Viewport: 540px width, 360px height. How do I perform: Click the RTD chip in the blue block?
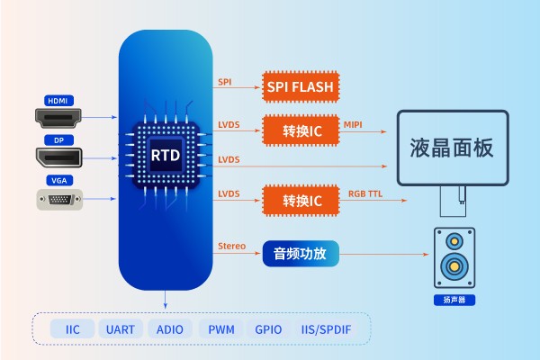coord(165,155)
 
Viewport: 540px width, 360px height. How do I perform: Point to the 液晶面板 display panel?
coord(452,148)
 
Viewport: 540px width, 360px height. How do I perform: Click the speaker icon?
coord(454,256)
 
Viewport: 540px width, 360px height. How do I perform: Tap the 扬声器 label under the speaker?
coord(454,300)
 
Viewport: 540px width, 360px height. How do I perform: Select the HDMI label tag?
coord(58,100)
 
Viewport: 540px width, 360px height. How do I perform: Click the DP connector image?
coord(59,157)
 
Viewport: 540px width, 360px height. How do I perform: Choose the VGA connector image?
coord(59,199)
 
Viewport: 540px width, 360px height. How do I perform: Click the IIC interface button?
coord(72,329)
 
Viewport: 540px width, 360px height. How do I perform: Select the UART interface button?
coord(119,329)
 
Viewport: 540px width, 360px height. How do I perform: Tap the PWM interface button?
coord(220,329)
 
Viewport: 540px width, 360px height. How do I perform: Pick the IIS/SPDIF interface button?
coord(326,329)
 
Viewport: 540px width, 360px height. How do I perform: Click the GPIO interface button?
coord(269,329)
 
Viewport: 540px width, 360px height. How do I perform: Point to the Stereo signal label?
coord(231,246)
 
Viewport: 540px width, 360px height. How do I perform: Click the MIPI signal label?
coord(353,124)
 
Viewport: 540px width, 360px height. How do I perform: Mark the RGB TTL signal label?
coord(365,193)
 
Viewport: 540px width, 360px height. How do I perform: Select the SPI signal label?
coord(225,82)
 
